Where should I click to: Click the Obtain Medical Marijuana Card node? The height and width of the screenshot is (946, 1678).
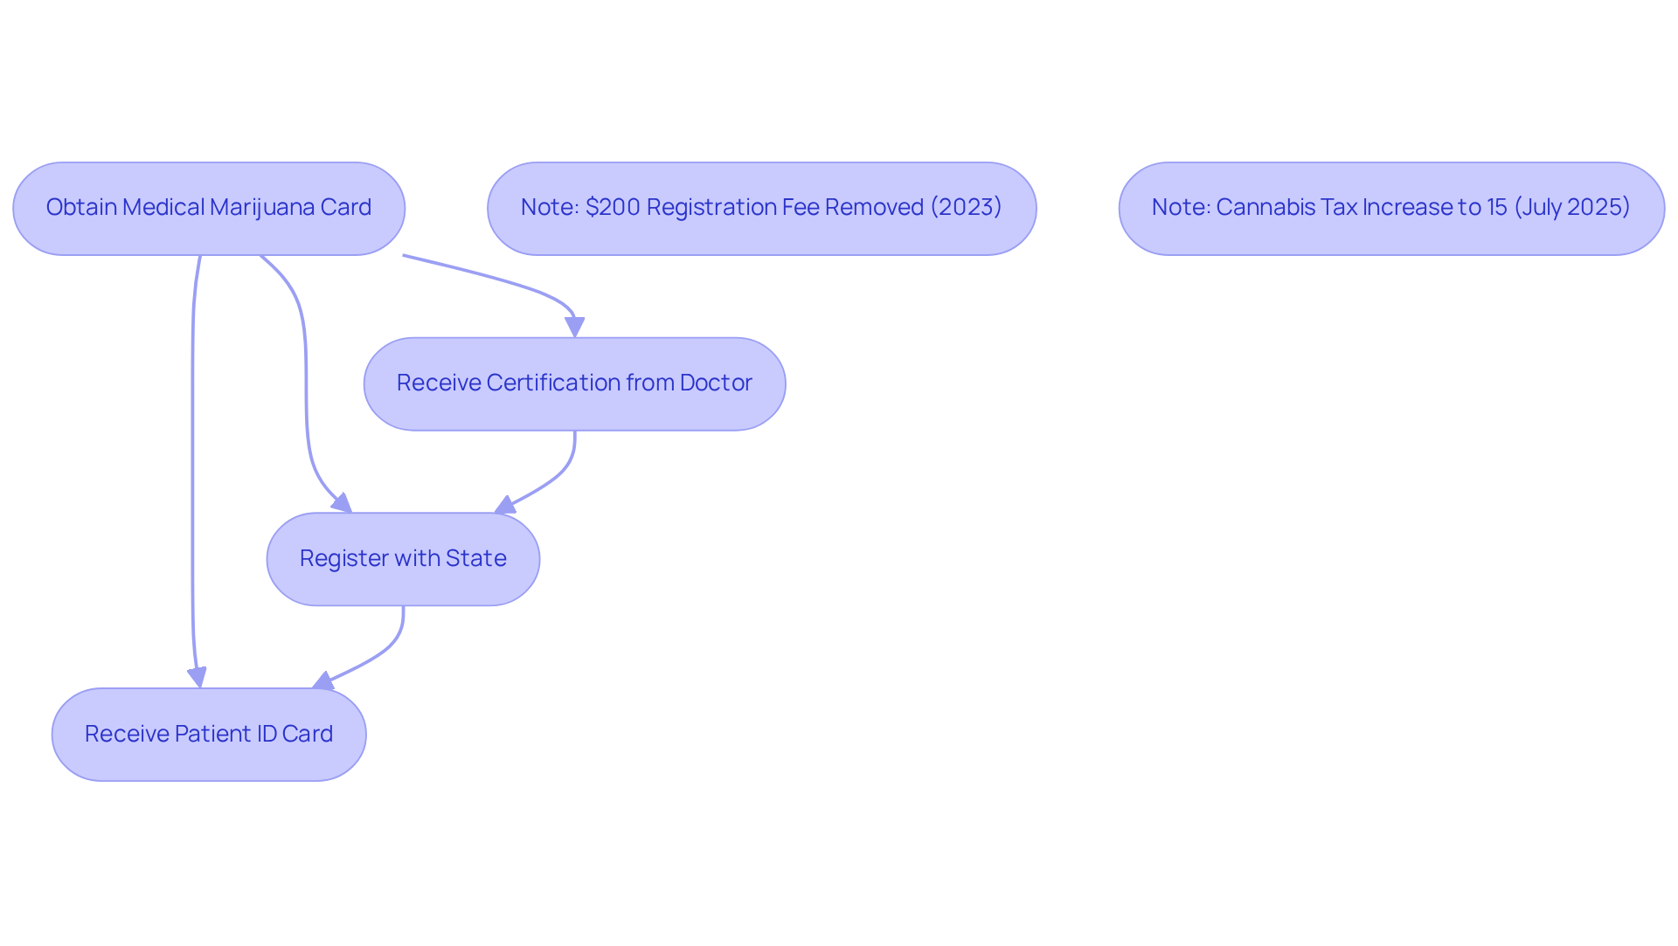point(209,209)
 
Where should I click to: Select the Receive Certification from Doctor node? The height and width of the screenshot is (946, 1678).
point(575,384)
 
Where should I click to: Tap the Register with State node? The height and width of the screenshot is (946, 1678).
point(403,559)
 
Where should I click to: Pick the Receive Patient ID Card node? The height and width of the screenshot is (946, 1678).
point(209,735)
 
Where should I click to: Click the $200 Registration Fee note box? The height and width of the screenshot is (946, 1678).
point(762,209)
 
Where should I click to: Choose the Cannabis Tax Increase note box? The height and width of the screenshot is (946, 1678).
point(1392,209)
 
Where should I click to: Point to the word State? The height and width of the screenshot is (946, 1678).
point(476,558)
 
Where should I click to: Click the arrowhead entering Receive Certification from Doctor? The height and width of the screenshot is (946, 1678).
point(574,328)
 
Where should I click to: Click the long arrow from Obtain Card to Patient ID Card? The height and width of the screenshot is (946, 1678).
point(192,472)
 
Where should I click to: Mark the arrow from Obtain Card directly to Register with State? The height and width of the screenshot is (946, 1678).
point(306,384)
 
